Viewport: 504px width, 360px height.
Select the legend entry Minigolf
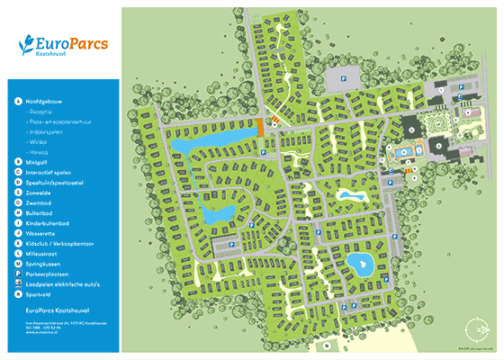(39, 163)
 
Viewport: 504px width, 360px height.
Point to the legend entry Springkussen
(46, 264)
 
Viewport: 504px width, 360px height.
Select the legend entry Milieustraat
(44, 254)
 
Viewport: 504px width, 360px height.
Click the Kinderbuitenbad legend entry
(49, 223)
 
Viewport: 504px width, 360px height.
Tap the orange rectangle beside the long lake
(260, 127)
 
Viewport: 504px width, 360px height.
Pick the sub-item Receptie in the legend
(42, 112)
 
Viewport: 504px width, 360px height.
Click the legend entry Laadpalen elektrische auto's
(64, 284)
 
